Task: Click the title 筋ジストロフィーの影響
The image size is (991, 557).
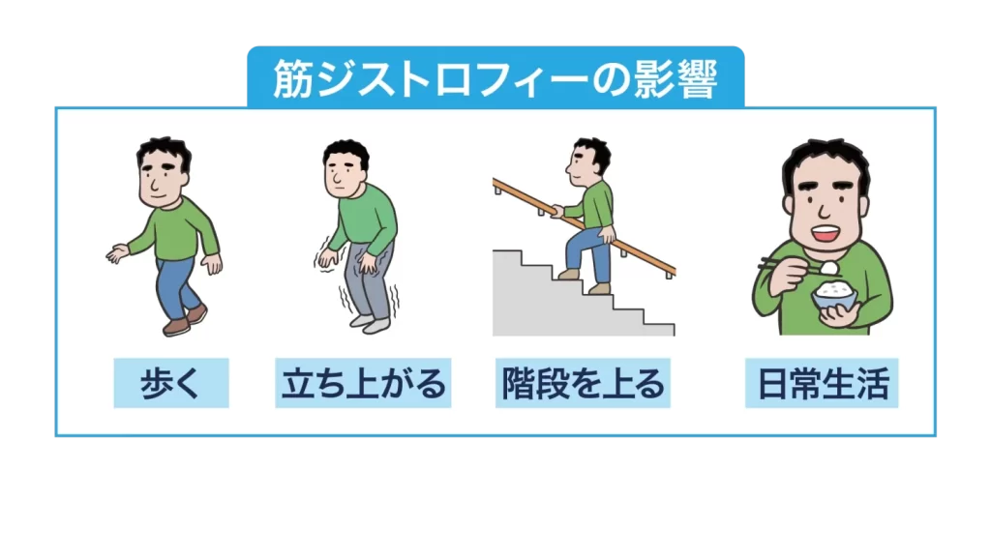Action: click(495, 77)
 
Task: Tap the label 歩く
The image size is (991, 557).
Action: click(170, 384)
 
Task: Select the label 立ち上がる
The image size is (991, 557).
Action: click(363, 384)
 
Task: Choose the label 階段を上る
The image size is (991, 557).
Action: click(583, 384)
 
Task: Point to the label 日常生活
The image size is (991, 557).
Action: click(822, 384)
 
